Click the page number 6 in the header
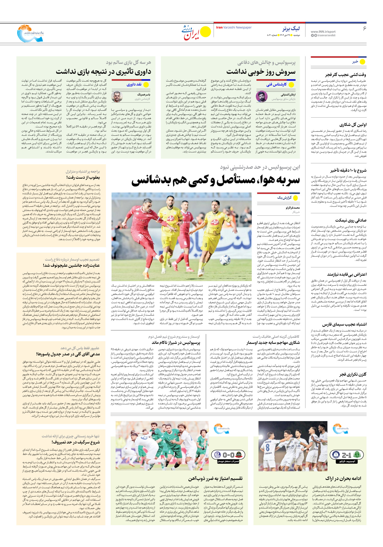[364, 28]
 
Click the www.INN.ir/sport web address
[323, 32]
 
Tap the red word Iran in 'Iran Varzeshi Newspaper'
[219, 28]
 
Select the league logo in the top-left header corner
[30, 34]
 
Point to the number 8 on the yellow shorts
[206, 245]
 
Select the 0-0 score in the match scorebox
[229, 455]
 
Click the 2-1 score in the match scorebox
[346, 455]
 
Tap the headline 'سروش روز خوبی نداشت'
[261, 72]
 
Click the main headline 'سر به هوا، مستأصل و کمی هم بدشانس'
[216, 180]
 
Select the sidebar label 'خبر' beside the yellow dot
[355, 62]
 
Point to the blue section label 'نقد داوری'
[134, 84]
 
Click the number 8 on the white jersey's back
[267, 447]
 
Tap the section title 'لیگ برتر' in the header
[291, 28]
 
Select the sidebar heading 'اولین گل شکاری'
[353, 125]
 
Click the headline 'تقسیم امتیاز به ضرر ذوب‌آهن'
[215, 478]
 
